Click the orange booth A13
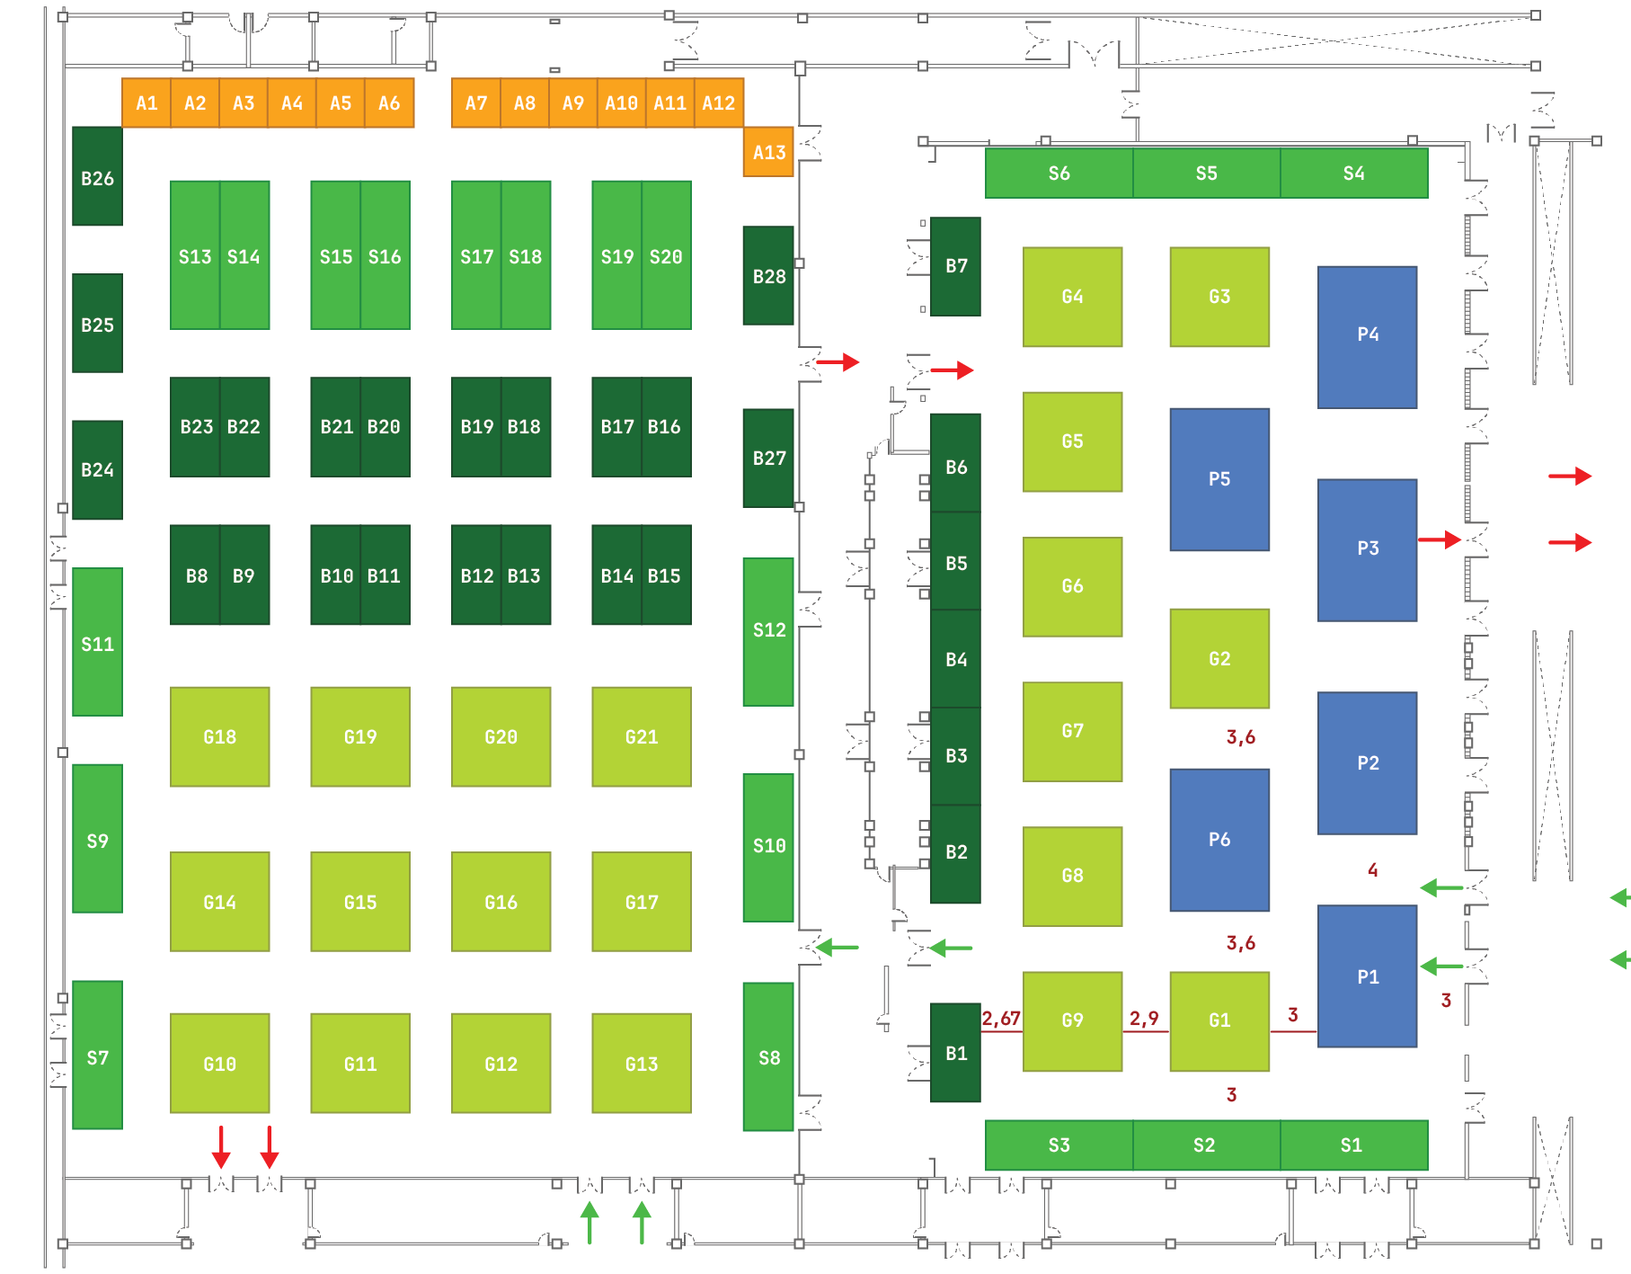pos(768,152)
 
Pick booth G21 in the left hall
pos(641,736)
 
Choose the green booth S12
pos(768,631)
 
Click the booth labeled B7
pos(955,266)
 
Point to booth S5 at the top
pos(1206,173)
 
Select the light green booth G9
pos(1072,1020)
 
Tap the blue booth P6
pos(1219,840)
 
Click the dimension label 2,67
pos(1000,1018)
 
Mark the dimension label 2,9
pos(1144,1018)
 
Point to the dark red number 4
pos(1372,869)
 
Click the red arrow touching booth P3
pos(1440,539)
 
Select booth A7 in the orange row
pos(475,103)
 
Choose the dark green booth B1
pos(955,1053)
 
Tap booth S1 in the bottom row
pos(1352,1145)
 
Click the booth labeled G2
pos(1219,658)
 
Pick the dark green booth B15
pos(665,575)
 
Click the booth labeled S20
pos(666,255)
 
